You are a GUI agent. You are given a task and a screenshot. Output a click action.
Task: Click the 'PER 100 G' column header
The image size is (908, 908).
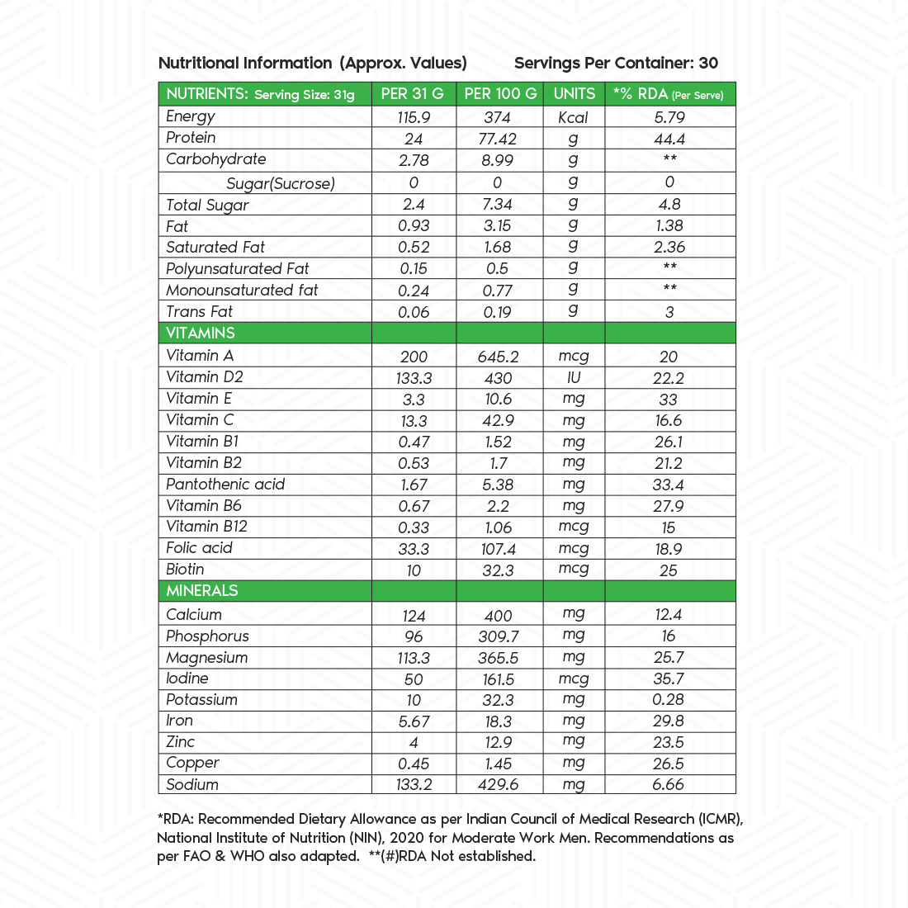coord(500,94)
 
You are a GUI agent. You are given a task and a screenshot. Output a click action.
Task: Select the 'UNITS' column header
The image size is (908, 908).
coord(575,94)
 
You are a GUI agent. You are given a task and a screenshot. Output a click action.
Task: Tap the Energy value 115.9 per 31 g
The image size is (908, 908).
coord(414,117)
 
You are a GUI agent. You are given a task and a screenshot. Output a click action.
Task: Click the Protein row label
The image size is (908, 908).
coord(191,138)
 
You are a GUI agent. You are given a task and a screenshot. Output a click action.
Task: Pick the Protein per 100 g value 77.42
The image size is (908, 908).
coord(498,139)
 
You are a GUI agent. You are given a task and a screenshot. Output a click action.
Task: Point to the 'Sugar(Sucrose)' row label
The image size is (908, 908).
coord(281,183)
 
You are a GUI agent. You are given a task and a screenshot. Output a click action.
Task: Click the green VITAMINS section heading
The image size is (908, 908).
coord(201,333)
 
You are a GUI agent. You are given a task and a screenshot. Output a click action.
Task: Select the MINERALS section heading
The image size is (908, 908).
coord(202,591)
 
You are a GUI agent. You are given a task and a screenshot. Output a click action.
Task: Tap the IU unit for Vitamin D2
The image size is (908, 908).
coord(574,377)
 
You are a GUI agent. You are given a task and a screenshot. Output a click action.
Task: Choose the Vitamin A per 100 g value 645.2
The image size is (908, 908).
coord(499,357)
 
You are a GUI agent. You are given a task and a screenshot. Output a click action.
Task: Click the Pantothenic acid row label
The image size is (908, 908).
coord(225,485)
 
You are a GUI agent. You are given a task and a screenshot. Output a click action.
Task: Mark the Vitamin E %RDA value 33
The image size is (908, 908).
coord(669,400)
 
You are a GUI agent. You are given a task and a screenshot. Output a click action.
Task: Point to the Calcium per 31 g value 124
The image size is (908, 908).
coord(414,616)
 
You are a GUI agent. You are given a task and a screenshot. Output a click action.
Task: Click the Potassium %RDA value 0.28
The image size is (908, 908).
coord(668,700)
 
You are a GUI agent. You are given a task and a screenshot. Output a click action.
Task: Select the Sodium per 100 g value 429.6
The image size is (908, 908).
coord(499,785)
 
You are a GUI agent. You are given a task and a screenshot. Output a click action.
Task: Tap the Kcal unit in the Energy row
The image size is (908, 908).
coord(574,117)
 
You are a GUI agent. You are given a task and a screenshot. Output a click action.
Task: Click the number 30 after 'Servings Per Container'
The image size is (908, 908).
coord(708,64)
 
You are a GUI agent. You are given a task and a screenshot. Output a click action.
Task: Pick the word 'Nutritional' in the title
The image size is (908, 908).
coord(198,64)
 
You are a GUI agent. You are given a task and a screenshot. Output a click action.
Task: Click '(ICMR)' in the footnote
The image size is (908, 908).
coord(726,820)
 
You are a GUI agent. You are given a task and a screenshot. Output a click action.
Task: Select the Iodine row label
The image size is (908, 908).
coord(187,679)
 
